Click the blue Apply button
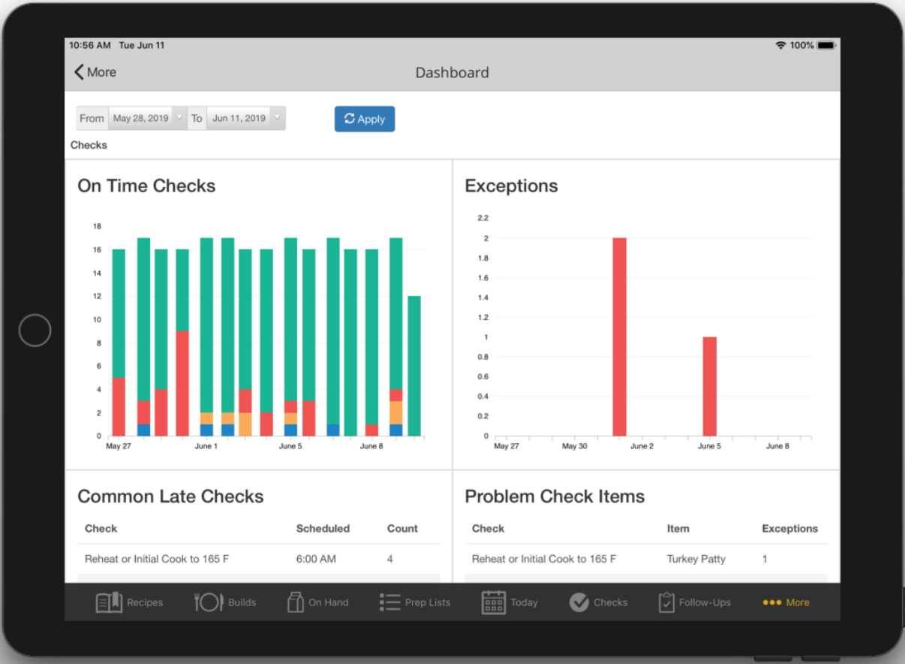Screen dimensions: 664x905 point(364,119)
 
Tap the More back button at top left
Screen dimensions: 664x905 point(95,72)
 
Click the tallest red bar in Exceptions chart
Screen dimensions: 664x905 point(619,337)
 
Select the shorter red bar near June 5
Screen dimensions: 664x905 point(709,386)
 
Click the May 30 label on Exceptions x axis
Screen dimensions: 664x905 point(574,446)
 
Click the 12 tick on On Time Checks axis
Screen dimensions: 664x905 point(97,296)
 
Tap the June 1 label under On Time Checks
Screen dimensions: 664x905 point(206,446)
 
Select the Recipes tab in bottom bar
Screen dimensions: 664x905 point(129,602)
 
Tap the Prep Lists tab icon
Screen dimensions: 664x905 point(389,602)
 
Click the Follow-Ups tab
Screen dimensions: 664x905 point(694,602)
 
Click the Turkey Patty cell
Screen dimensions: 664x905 point(696,559)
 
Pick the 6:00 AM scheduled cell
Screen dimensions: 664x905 point(316,559)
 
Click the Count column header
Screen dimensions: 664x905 point(402,529)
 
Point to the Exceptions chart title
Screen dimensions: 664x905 point(511,186)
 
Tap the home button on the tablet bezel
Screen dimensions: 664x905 point(35,330)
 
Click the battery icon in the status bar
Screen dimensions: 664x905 point(825,46)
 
